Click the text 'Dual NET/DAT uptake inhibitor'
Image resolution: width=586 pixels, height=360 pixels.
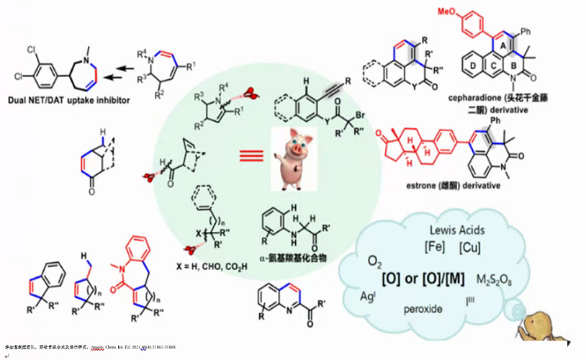71,100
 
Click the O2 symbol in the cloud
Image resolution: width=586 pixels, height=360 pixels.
374,259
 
